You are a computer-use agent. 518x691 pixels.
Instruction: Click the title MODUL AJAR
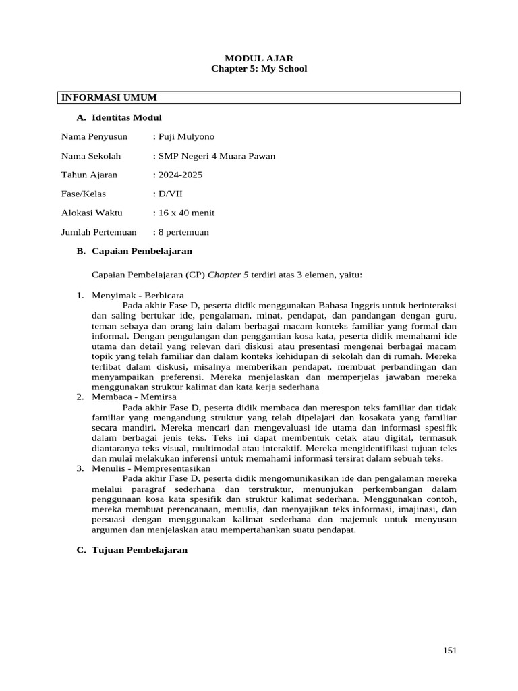tap(259, 59)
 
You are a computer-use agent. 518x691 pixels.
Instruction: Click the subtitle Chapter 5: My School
tap(259, 69)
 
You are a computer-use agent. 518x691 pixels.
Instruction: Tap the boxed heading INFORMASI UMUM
tap(99, 98)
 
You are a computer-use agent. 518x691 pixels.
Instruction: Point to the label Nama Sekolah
tap(91, 156)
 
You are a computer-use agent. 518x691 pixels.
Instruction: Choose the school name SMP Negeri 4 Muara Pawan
tap(216, 156)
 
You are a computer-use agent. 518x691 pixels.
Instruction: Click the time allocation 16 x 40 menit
tap(185, 213)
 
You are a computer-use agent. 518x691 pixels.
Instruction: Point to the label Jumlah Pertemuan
tap(99, 232)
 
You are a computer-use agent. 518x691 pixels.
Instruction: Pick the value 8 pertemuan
tap(183, 232)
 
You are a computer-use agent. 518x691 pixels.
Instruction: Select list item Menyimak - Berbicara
tap(138, 296)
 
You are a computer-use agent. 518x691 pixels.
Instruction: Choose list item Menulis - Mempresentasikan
tap(150, 468)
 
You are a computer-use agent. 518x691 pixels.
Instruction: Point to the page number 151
tap(450, 650)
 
